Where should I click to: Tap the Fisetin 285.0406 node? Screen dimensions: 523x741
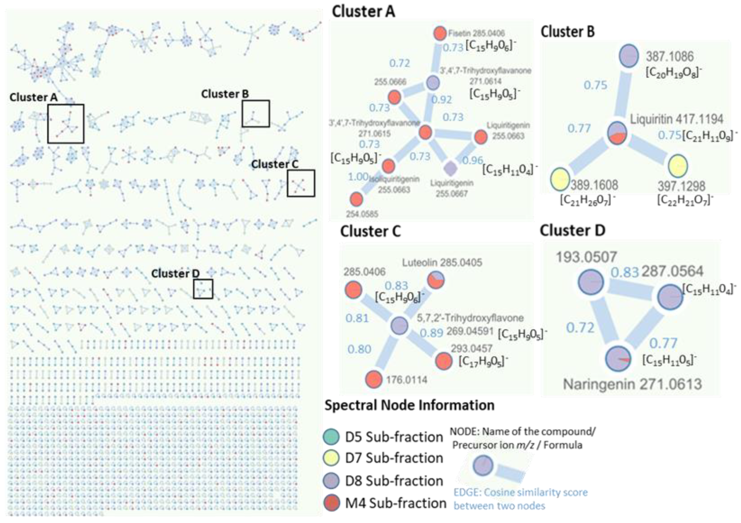point(439,33)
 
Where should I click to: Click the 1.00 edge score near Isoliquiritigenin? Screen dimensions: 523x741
point(358,177)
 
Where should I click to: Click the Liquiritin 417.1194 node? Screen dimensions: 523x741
point(617,133)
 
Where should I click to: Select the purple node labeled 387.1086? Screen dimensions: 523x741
point(629,56)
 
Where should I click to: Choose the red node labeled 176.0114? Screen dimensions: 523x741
point(374,379)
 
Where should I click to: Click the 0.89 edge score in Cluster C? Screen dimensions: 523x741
point(431,333)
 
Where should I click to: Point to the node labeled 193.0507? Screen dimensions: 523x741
point(590,282)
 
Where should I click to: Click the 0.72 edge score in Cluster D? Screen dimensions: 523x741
point(580,328)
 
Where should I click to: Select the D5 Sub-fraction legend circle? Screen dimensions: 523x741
point(331,437)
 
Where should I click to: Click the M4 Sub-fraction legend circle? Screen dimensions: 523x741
point(331,503)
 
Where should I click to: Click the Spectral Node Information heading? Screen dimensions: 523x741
point(409,405)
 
